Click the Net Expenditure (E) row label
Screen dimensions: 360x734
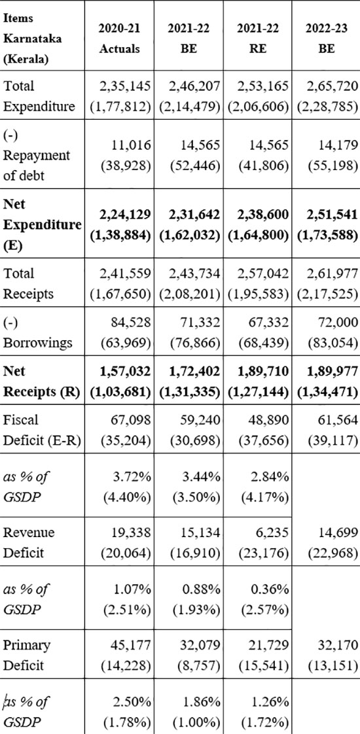pos(42,226)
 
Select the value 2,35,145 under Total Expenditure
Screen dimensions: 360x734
pos(125,86)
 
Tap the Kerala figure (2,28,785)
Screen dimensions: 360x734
pos(327,107)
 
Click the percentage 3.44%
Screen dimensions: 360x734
pos(203,476)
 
